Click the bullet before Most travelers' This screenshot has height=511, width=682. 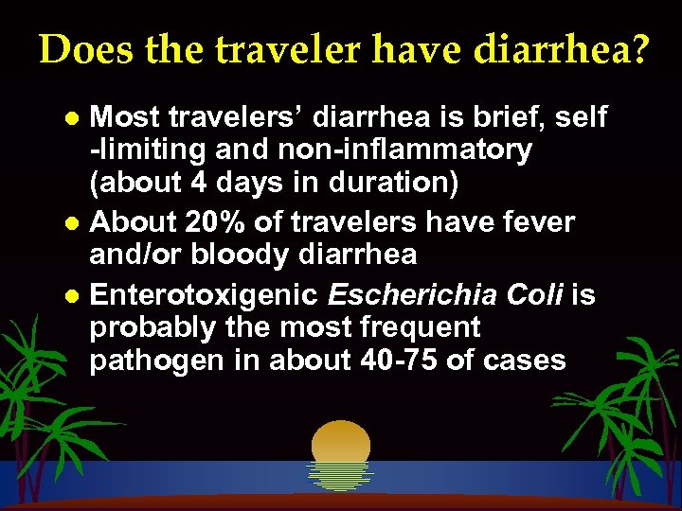79,118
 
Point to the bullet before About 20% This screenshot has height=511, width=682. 79,223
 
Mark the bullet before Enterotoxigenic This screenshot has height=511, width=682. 79,297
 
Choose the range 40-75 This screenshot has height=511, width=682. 421,361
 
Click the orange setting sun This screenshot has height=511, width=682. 340,449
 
